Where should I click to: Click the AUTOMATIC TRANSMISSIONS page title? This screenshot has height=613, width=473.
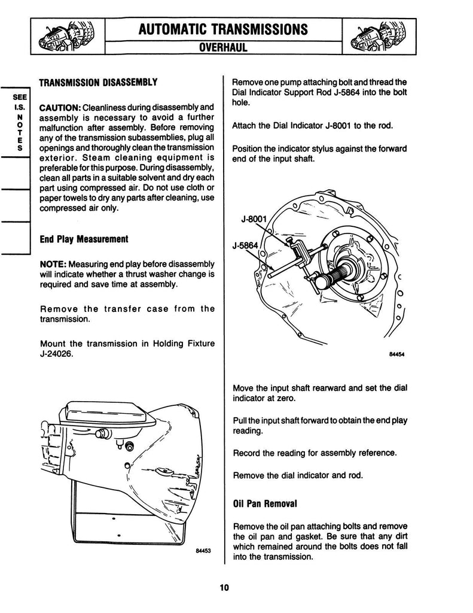[x=222, y=29]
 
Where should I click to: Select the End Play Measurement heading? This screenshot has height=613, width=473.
[x=84, y=239]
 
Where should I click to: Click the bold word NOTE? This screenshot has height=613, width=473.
[x=53, y=264]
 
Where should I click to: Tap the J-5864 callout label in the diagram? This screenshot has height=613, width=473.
[x=246, y=244]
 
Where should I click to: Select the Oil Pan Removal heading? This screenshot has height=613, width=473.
[x=264, y=504]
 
